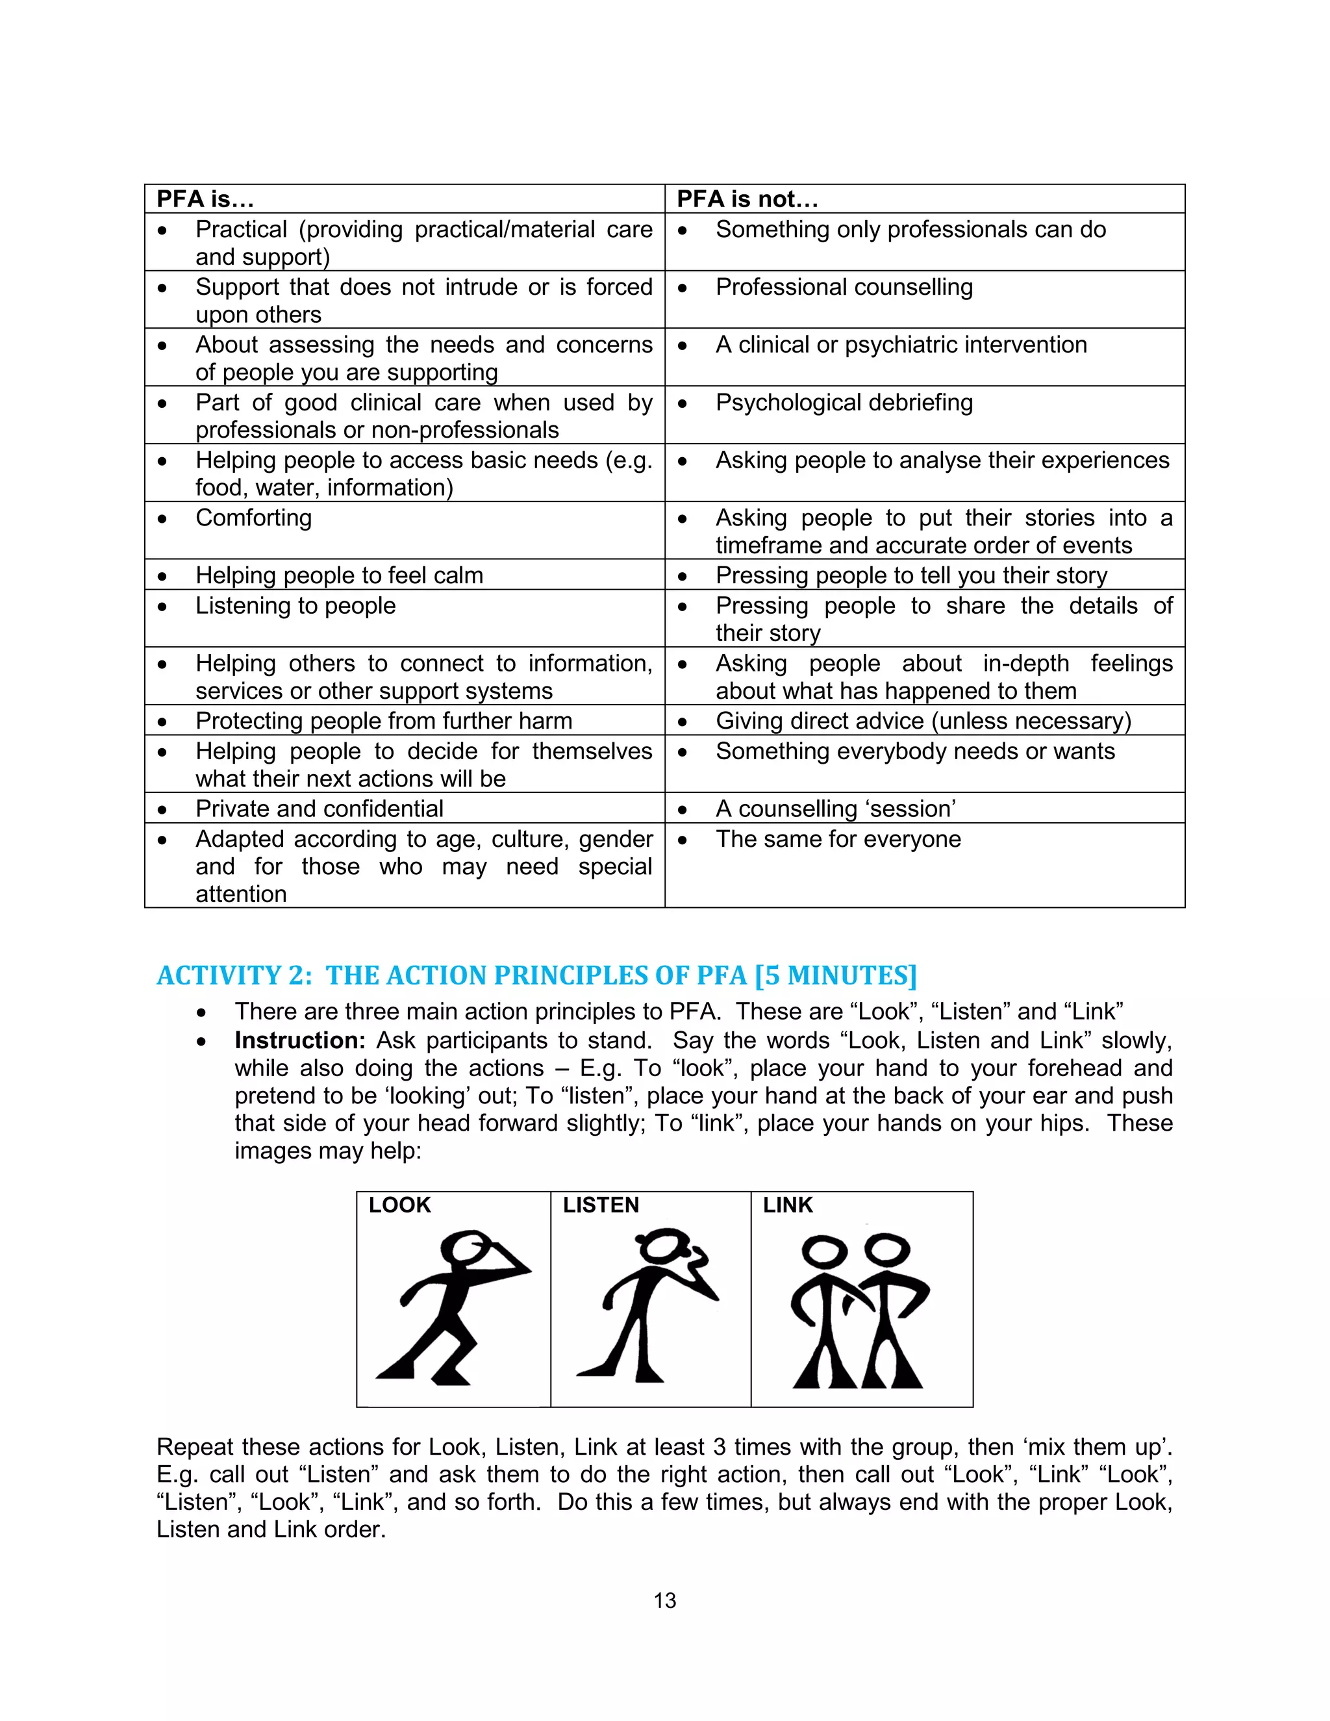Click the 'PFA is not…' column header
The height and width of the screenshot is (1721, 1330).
click(747, 199)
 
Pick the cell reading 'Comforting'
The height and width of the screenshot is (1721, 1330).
click(254, 518)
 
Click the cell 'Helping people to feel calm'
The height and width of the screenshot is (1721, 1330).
click(339, 576)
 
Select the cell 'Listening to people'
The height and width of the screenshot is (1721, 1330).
click(295, 606)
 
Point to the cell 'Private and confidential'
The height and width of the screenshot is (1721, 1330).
click(319, 809)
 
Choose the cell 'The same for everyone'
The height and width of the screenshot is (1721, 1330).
click(838, 839)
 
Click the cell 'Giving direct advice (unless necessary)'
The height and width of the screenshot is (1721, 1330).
click(923, 721)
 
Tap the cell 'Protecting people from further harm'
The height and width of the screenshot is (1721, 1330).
click(384, 721)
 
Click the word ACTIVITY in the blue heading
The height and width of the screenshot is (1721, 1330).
click(218, 975)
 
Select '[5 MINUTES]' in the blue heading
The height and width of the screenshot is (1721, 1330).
click(835, 975)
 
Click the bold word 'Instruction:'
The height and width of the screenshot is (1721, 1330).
click(300, 1041)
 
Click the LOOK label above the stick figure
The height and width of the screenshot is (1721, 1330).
click(399, 1205)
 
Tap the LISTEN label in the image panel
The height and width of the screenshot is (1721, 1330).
click(601, 1205)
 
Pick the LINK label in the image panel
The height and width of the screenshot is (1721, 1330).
click(787, 1205)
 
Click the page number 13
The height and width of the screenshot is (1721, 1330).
click(664, 1600)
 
